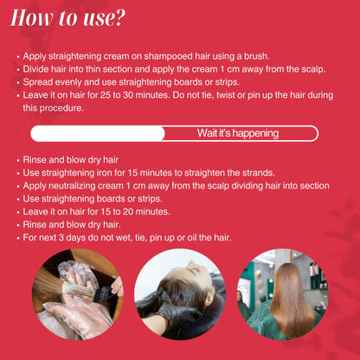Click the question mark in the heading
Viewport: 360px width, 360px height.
(119, 18)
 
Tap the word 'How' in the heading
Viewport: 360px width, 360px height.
(31, 18)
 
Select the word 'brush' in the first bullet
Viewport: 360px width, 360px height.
(256, 56)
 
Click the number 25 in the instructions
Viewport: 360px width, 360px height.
(106, 95)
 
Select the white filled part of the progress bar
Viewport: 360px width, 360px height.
(98, 133)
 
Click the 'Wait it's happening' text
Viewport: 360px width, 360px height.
(238, 133)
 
